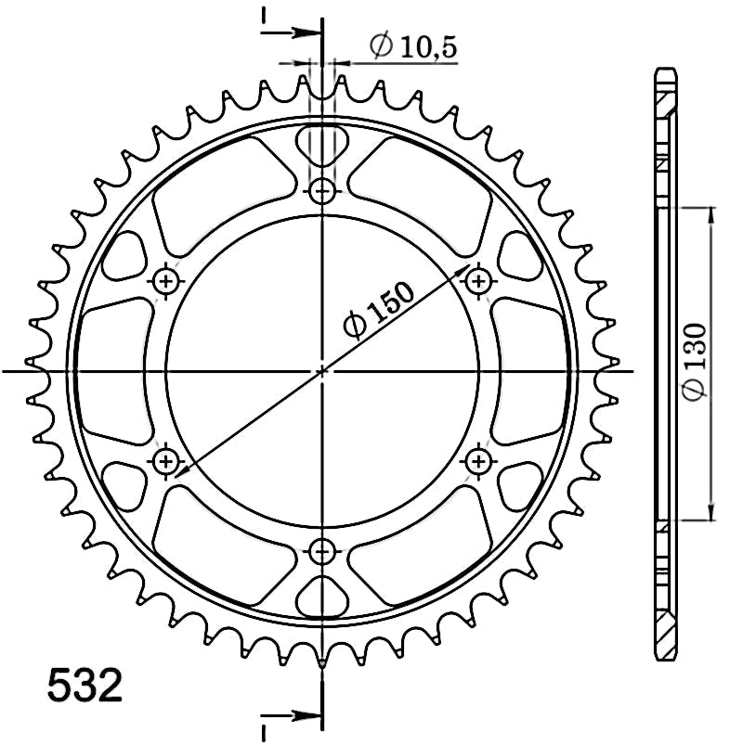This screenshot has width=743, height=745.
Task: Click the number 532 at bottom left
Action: click(x=84, y=687)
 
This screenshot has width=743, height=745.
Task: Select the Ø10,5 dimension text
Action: click(x=413, y=45)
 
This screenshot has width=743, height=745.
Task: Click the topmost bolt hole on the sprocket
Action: click(x=322, y=192)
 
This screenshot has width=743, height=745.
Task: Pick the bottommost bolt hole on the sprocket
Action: click(x=322, y=550)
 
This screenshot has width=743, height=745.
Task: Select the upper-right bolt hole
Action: click(x=477, y=281)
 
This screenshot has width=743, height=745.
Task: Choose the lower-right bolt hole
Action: click(x=477, y=460)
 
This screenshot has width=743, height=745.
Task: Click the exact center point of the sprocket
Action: click(x=322, y=371)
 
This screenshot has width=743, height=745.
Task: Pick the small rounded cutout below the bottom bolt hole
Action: click(x=322, y=598)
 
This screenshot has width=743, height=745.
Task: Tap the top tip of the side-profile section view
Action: click(x=666, y=71)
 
